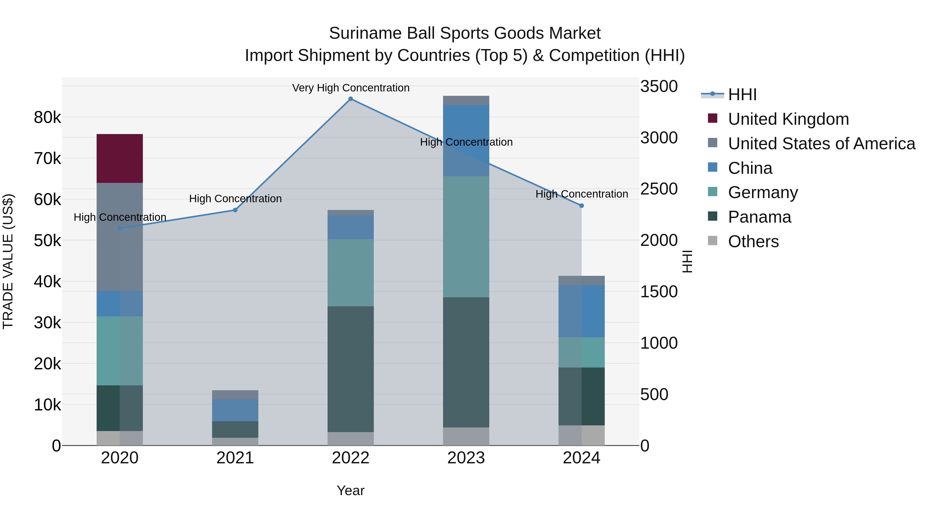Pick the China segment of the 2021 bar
(x=235, y=410)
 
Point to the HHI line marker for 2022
(x=350, y=99)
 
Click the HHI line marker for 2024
(x=581, y=206)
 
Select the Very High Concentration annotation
(x=350, y=88)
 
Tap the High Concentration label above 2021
(x=235, y=199)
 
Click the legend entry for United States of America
(x=821, y=144)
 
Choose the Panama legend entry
(x=759, y=217)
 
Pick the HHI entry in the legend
(x=742, y=95)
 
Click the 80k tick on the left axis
(x=47, y=117)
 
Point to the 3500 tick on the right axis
(x=659, y=87)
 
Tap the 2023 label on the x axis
(x=466, y=458)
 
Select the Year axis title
(x=350, y=490)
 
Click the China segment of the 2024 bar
(x=581, y=311)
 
